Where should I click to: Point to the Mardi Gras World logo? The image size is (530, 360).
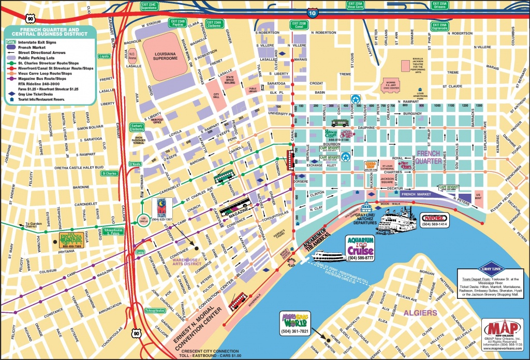(x=294, y=319)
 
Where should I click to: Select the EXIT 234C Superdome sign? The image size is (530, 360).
(x=150, y=6)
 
